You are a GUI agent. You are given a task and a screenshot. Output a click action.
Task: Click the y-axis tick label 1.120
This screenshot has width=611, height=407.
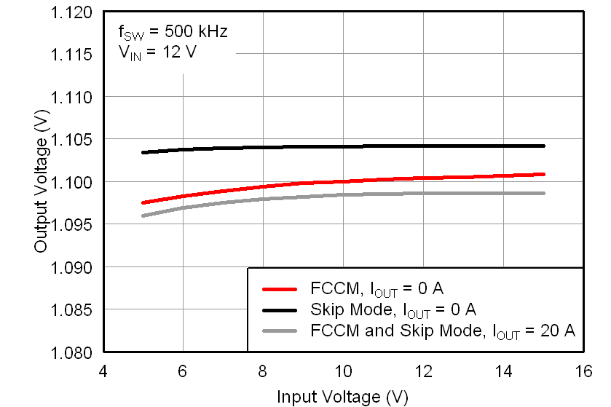pos(72,12)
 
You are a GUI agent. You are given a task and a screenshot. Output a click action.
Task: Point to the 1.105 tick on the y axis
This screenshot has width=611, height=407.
pos(72,139)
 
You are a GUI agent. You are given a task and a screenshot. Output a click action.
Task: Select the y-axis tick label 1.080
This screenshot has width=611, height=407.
pos(72,352)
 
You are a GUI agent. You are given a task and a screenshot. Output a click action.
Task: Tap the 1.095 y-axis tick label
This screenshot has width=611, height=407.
pos(72,224)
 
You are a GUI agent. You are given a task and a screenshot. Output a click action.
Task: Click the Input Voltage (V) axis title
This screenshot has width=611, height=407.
pos(342,397)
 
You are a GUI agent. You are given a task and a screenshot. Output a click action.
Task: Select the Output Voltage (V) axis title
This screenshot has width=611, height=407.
pos(41,182)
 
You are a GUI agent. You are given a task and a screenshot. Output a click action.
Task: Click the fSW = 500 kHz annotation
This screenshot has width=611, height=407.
pos(173,32)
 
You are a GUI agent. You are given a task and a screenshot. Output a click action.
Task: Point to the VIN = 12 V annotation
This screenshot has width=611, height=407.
pos(157,52)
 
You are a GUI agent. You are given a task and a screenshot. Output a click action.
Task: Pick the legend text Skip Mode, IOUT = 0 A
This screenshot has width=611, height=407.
pos(393,310)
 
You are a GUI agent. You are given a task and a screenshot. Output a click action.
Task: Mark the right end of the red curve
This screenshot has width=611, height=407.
pos(543,174)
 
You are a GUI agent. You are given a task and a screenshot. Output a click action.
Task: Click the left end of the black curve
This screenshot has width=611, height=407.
pos(143,152)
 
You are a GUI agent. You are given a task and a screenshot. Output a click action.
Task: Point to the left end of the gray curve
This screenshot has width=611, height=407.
pos(143,216)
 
